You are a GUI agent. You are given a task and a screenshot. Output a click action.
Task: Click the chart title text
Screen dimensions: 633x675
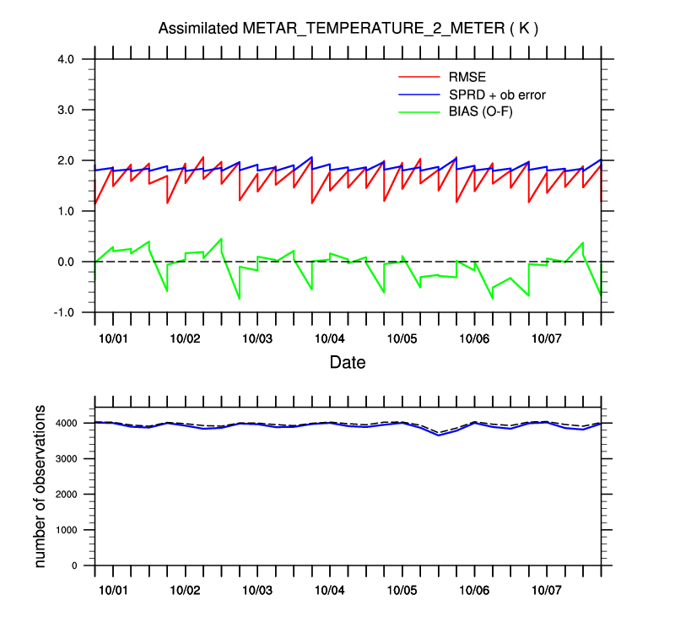(348, 29)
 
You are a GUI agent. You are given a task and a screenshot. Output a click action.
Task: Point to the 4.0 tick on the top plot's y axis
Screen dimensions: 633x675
(67, 59)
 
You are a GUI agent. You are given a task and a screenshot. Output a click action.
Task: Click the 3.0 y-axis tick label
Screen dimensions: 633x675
(67, 110)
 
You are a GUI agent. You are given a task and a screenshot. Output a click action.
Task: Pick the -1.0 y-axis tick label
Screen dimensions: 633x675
(64, 312)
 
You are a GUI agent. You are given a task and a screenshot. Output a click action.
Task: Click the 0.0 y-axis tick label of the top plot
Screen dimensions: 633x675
(67, 262)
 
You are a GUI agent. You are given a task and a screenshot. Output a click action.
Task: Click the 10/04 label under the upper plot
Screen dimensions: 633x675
(329, 338)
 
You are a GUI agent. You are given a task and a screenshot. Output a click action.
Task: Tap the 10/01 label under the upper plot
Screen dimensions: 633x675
(113, 338)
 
